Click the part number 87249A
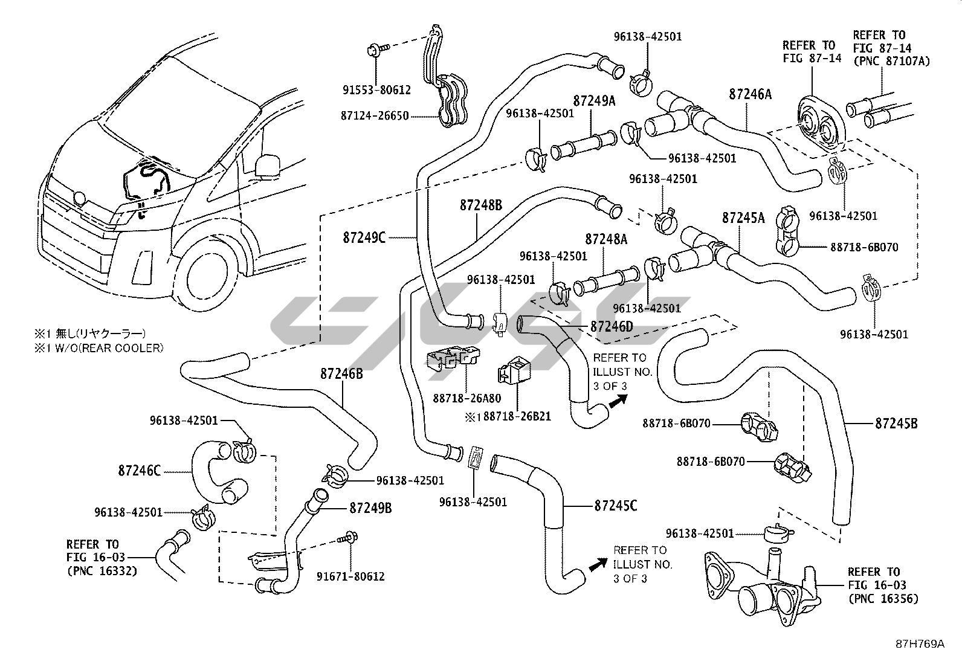click(593, 101)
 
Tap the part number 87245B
click(896, 424)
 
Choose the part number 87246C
click(140, 470)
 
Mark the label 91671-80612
click(350, 576)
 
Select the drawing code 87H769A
click(920, 644)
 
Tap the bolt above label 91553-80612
click(373, 48)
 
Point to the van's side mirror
click(268, 165)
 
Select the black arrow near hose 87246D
click(617, 402)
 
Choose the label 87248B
click(481, 205)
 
